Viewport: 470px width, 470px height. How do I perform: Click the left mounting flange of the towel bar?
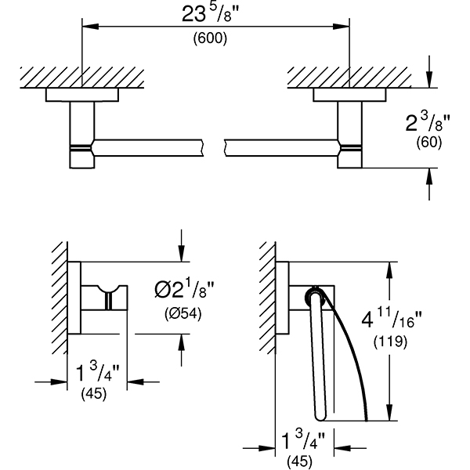tap(81, 96)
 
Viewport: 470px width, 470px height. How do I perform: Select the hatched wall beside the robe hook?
tap(59, 298)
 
